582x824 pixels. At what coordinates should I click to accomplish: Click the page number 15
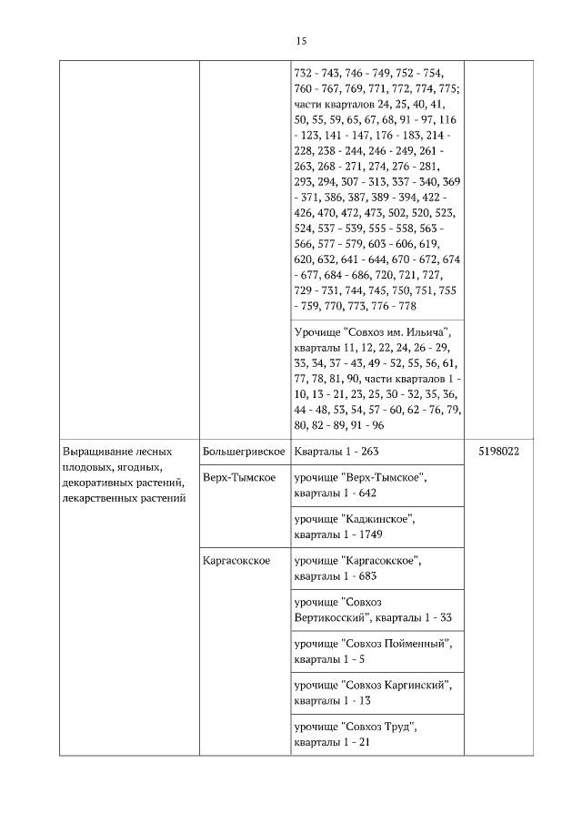(x=302, y=40)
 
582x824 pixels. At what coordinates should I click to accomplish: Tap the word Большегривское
(x=245, y=452)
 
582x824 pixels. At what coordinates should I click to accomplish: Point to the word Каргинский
(x=417, y=685)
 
